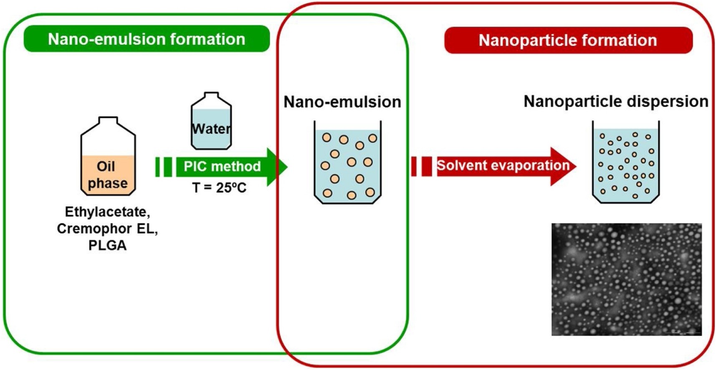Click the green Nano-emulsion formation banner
coord(147,39)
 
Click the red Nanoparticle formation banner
coord(568,41)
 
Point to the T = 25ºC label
coord(219,188)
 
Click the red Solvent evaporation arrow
coord(493,166)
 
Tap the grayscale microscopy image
coord(626,279)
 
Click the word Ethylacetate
coord(107,212)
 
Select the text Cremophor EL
coord(107,228)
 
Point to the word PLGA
coord(107,245)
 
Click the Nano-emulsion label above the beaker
coord(342,102)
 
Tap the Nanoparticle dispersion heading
coord(616,101)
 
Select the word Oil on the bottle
coord(106,166)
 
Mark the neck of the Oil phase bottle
coord(108,121)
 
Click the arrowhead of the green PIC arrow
coord(277,167)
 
